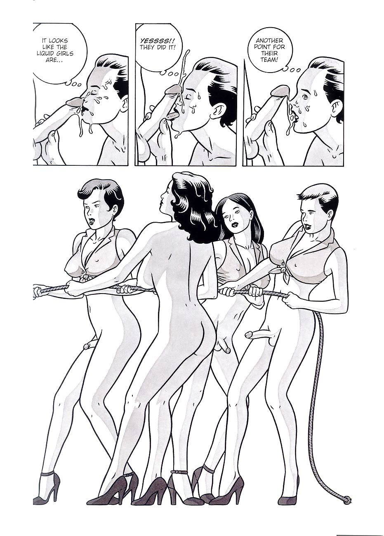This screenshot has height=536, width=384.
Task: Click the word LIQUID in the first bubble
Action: click(x=46, y=53)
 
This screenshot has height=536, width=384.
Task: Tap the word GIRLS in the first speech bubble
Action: click(x=65, y=53)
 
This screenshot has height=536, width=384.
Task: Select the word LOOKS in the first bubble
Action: click(x=58, y=41)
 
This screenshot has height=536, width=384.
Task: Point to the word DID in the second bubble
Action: click(x=162, y=47)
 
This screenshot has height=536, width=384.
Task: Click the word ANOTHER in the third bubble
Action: click(x=269, y=41)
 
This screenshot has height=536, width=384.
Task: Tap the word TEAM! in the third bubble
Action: click(x=270, y=60)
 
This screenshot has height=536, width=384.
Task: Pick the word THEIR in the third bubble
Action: click(x=270, y=53)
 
